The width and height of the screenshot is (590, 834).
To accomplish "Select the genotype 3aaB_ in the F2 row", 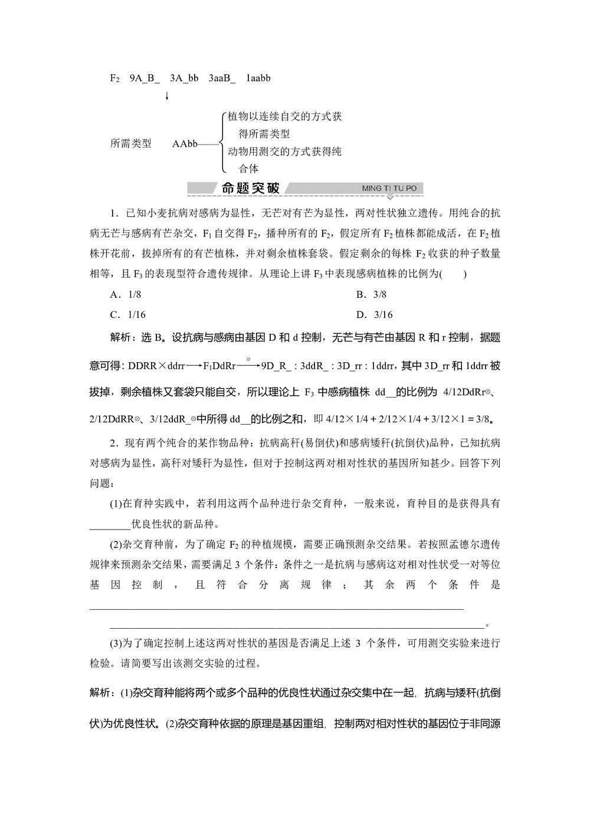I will pyautogui.click(x=222, y=78).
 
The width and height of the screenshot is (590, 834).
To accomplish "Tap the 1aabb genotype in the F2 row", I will pyautogui.click(x=258, y=78).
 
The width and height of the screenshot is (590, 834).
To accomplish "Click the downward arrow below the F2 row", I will pyautogui.click(x=167, y=96).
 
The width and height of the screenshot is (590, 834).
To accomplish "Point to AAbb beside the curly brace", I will pyautogui.click(x=185, y=143).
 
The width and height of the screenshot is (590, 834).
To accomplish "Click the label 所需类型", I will pyautogui.click(x=131, y=143).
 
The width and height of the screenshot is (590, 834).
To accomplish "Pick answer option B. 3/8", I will pyautogui.click(x=371, y=294).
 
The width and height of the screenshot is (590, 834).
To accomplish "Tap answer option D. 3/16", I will pyautogui.click(x=374, y=314).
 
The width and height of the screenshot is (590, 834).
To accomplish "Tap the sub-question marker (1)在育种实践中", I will pyautogui.click(x=116, y=504).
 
